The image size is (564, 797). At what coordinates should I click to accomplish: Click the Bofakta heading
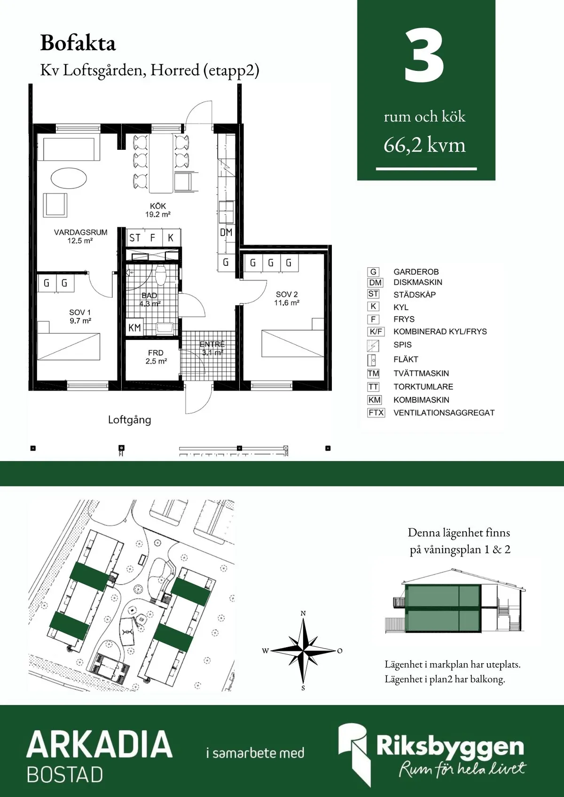coord(78,43)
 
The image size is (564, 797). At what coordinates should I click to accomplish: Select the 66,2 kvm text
coord(424,146)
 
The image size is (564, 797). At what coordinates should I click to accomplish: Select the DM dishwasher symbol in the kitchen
coord(226,232)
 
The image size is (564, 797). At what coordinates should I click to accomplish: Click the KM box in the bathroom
coord(134,327)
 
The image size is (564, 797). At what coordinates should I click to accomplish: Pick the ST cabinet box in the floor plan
coord(135,238)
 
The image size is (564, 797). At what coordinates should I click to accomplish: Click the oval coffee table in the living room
coord(68,178)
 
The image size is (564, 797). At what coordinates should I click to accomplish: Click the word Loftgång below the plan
coord(130,420)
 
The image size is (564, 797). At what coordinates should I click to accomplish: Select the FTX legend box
coord(376,413)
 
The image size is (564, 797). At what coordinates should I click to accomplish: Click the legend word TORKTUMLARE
coord(423,387)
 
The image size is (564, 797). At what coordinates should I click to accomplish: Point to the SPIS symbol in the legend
coord(373,346)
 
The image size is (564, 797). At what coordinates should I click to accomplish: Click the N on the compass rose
coord(303,613)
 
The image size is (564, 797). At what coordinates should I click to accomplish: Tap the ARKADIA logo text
coord(99,744)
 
